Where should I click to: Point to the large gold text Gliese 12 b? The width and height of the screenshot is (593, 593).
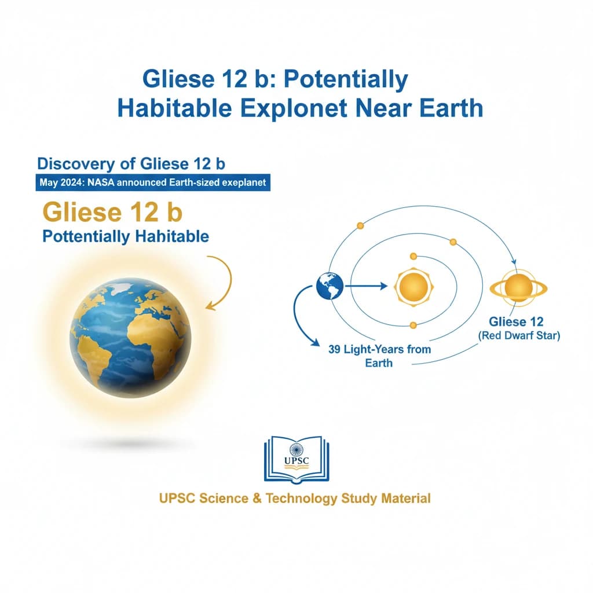(112, 212)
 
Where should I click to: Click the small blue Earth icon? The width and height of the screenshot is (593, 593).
(330, 285)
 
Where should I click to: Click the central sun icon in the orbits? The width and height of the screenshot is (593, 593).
(413, 286)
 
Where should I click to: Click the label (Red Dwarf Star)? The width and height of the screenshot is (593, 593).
(518, 336)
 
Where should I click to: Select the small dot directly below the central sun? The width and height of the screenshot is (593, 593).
(413, 325)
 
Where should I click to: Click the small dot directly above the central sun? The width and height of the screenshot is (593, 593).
(413, 256)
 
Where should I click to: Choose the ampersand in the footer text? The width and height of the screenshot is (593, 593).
(257, 498)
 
